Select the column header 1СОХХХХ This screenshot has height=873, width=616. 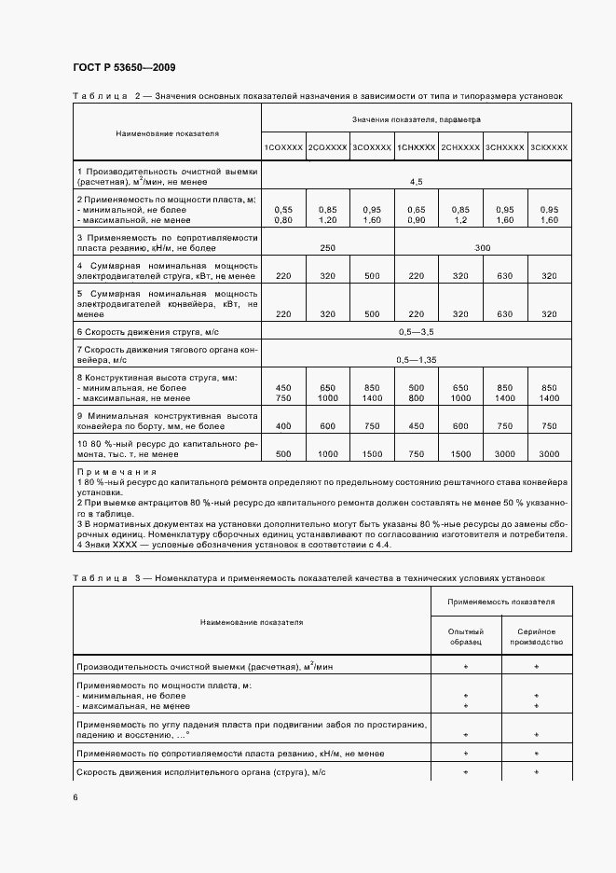coord(283,148)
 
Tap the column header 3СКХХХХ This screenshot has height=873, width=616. coord(549,148)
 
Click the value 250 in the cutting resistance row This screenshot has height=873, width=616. coord(327,248)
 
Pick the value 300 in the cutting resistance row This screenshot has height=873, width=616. coord(482,248)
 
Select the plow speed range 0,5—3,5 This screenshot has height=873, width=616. coord(416,332)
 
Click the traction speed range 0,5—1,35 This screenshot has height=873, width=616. coord(416,359)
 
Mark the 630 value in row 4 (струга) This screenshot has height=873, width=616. coord(504,276)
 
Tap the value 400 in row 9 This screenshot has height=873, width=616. coord(283,426)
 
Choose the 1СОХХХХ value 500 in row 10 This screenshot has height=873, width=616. coord(283,454)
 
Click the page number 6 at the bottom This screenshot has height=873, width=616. coord(75,797)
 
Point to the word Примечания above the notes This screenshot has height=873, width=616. coord(108,473)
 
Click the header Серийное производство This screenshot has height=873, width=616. coord(536,638)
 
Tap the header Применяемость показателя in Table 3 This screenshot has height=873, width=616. coord(500,603)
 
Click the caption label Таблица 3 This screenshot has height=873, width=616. coord(104,578)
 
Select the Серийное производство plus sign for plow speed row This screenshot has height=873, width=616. coord(536,772)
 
